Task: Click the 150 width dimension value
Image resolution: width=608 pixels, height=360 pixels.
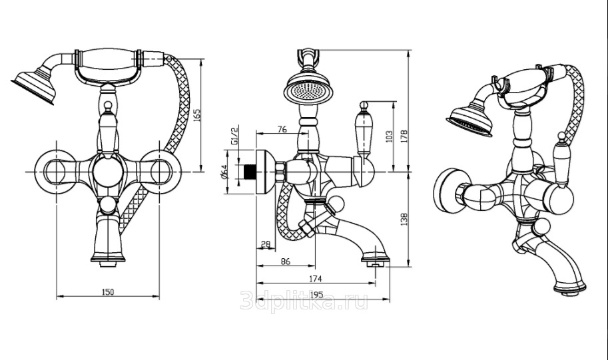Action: tap(108, 291)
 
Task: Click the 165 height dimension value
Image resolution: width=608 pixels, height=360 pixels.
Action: tap(196, 115)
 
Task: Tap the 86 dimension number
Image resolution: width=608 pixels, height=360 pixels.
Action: tap(285, 262)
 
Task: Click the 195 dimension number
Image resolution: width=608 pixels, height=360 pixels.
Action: tap(315, 294)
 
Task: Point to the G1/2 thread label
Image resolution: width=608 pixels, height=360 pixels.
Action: tap(234, 133)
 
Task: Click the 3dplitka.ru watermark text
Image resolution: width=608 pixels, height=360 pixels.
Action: tap(304, 303)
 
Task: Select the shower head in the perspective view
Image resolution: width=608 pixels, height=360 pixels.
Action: tap(470, 121)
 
